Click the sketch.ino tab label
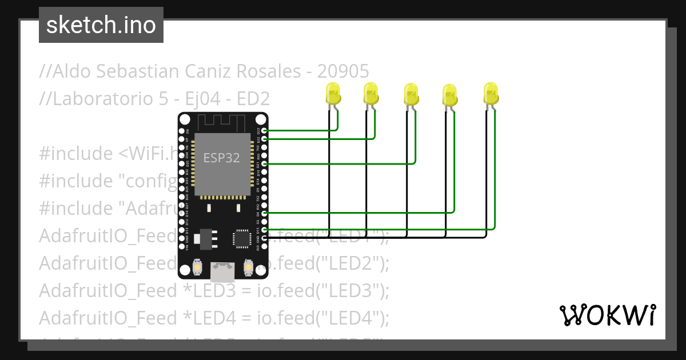(x=101, y=25)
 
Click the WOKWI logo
(x=607, y=315)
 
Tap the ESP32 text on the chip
(x=222, y=158)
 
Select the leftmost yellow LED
(x=332, y=93)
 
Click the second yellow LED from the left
(x=370, y=93)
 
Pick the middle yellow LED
(x=410, y=93)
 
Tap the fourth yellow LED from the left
(x=449, y=94)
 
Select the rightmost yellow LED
(x=490, y=93)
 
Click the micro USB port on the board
(x=222, y=271)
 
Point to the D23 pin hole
(x=264, y=130)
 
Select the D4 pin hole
(x=264, y=213)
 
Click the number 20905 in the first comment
(x=343, y=71)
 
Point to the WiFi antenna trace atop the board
(x=222, y=122)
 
